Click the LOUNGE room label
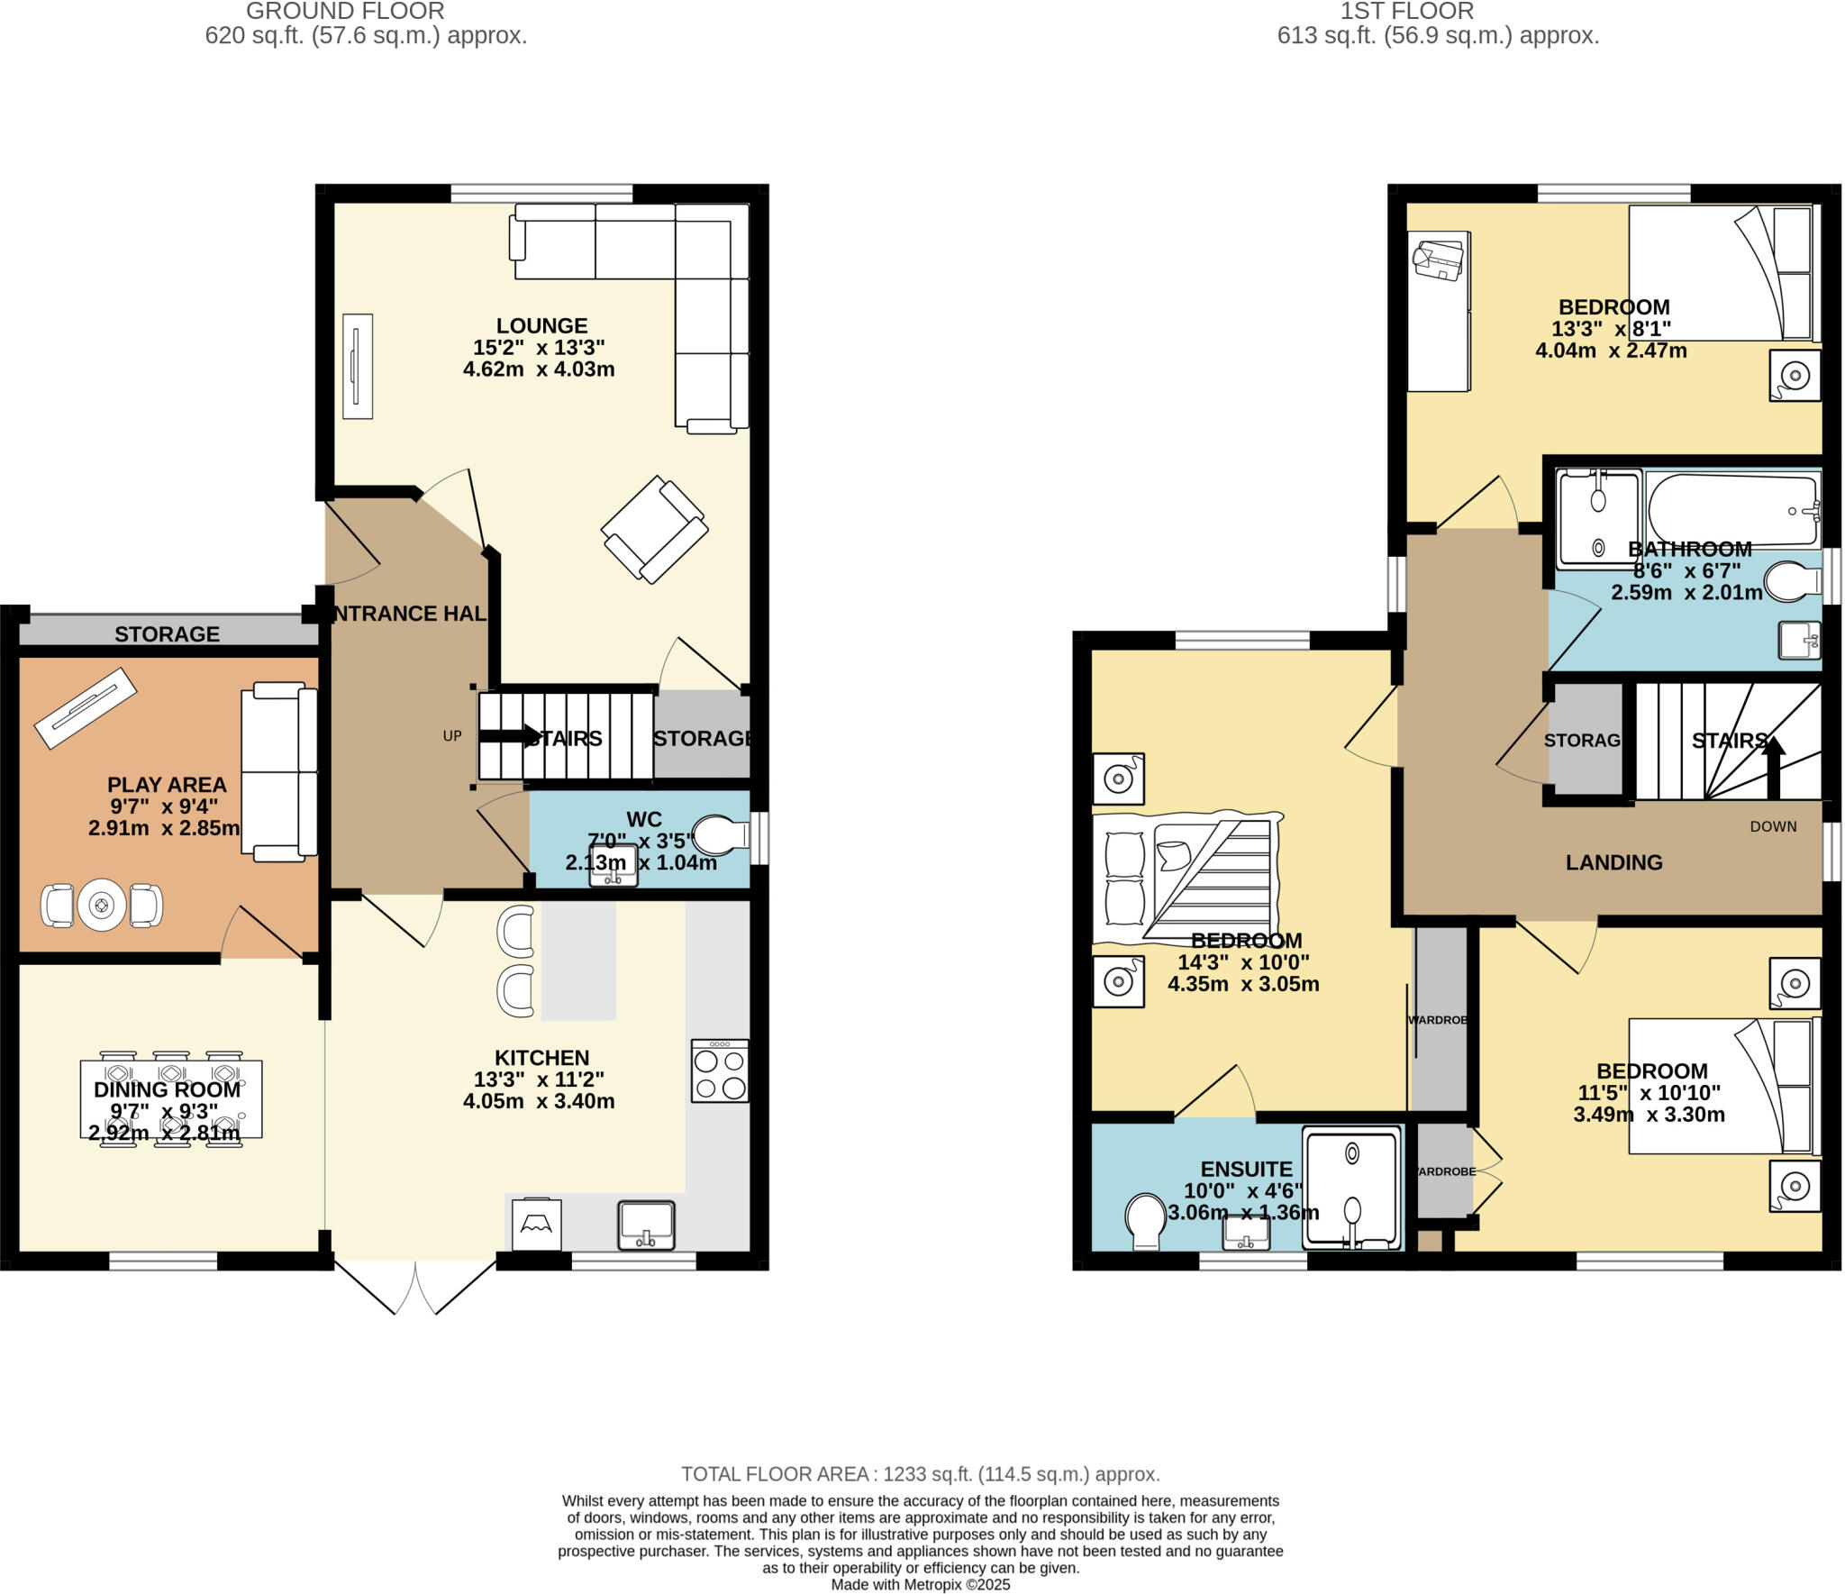[541, 325]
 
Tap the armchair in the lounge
[654, 529]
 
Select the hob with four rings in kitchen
[720, 1070]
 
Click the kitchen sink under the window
[646, 1225]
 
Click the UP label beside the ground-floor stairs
[452, 736]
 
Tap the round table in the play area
[101, 905]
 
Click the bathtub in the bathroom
[1732, 510]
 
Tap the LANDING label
[1613, 862]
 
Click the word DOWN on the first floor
[1773, 826]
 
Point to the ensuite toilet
[1145, 1221]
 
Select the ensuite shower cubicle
[1352, 1188]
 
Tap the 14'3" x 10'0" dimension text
[1243, 962]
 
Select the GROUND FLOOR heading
[345, 12]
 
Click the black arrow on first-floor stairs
[1773, 766]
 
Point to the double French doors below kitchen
[415, 1286]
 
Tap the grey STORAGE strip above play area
[168, 633]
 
